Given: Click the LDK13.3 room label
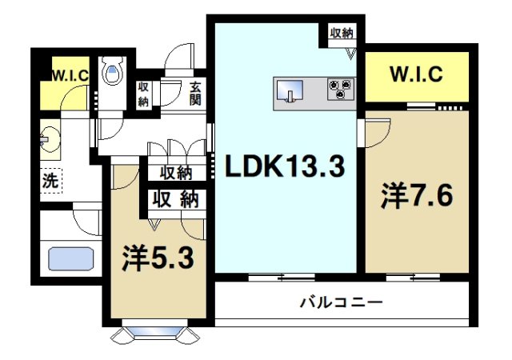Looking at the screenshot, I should (x=284, y=168).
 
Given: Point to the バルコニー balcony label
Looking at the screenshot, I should (x=342, y=303).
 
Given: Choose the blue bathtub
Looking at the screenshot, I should (x=71, y=259).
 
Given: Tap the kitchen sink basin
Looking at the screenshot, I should (x=290, y=91).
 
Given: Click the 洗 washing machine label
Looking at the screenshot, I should (x=50, y=181).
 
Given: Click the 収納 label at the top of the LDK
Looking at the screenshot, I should (x=342, y=33).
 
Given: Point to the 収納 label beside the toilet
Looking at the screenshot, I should (x=143, y=94).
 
